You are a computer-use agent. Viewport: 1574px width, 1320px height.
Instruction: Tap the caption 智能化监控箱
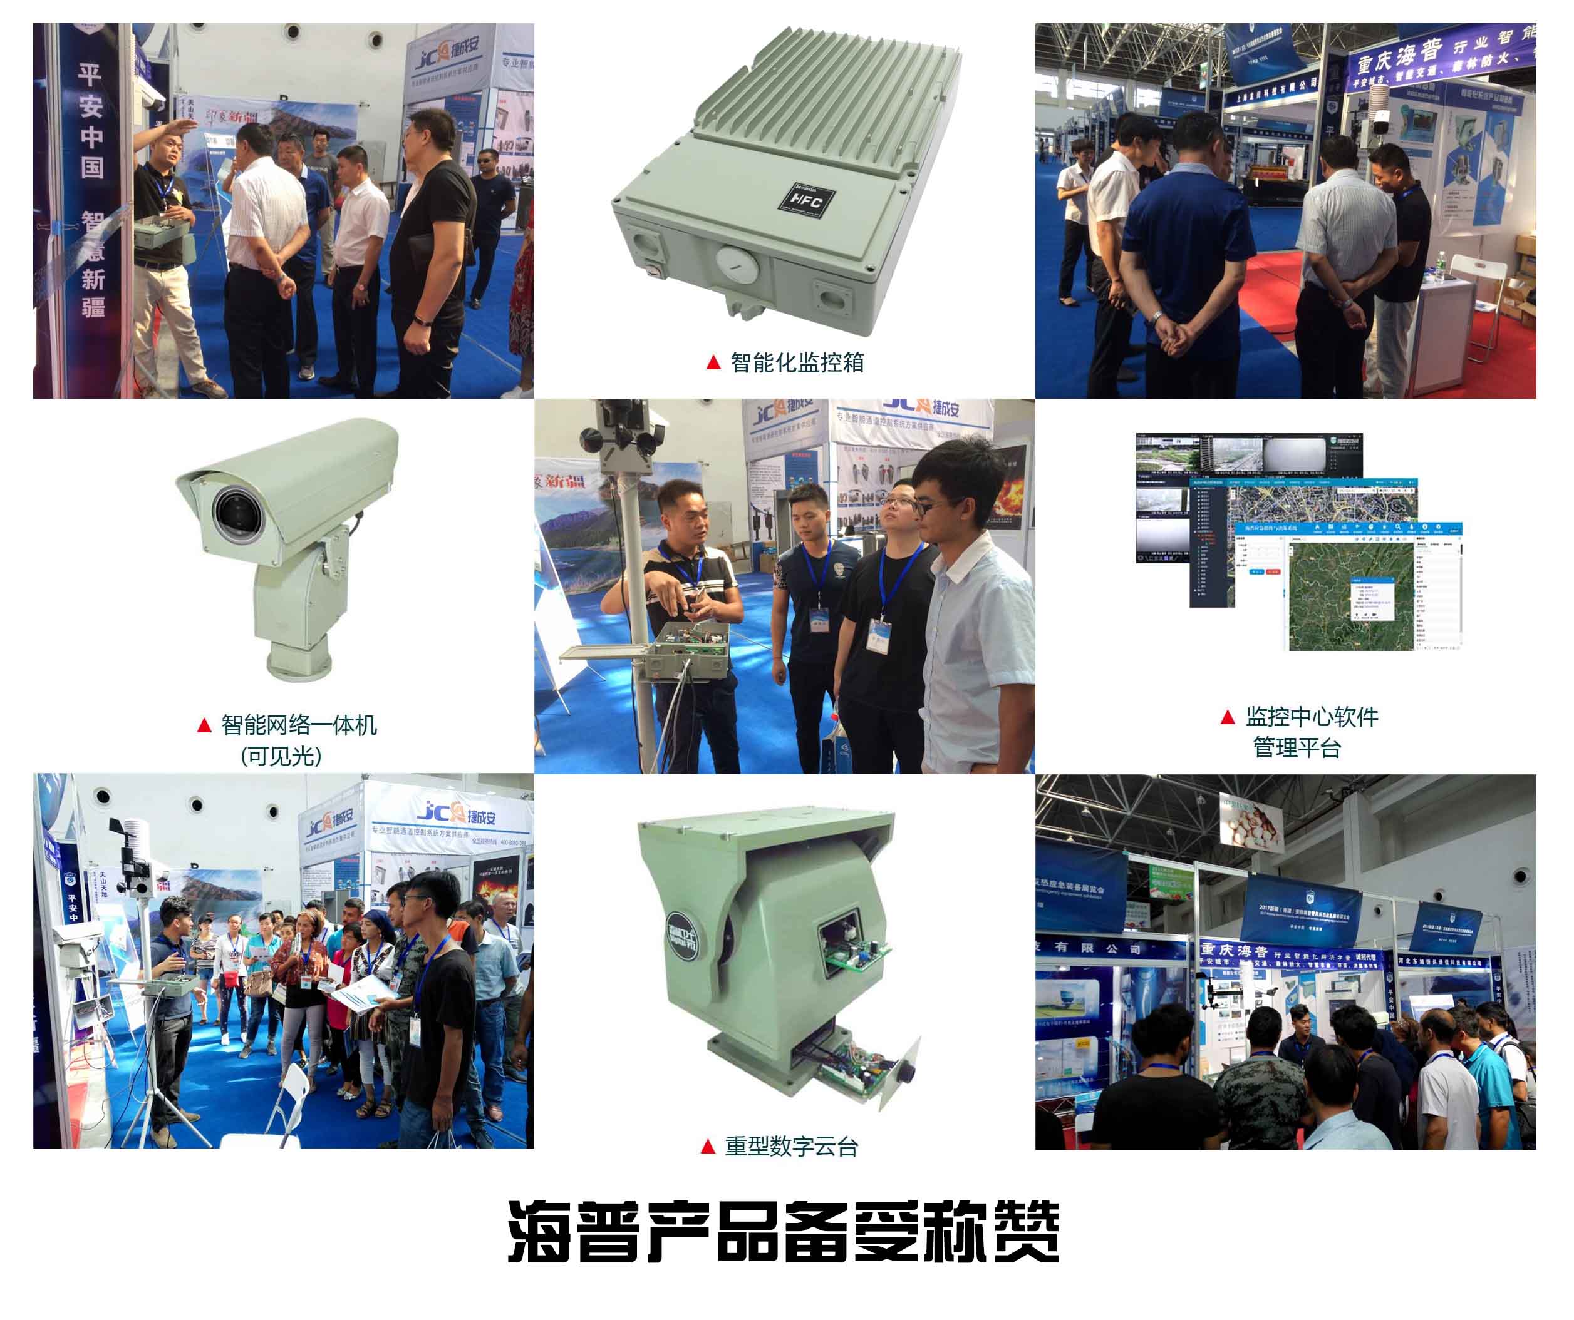(x=797, y=362)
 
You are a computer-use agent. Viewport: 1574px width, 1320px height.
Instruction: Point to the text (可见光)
(x=281, y=756)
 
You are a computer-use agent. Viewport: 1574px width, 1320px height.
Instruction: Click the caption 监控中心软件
(x=1312, y=717)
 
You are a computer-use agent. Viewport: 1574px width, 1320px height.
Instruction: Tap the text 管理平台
(x=1297, y=748)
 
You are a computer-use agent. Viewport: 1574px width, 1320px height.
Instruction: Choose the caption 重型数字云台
(x=790, y=1146)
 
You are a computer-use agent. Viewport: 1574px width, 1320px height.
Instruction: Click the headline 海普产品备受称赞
(x=784, y=1232)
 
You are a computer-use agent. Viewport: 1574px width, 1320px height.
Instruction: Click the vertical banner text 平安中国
(x=91, y=120)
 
